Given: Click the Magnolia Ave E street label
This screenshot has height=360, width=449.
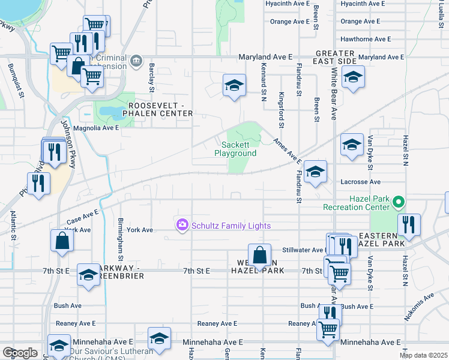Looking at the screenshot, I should (x=96, y=128).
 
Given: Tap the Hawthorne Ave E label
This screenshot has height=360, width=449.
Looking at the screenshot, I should (x=366, y=38).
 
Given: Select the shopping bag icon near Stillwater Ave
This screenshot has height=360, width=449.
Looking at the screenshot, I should (x=259, y=255).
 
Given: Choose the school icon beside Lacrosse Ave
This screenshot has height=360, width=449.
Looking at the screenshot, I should (x=315, y=172).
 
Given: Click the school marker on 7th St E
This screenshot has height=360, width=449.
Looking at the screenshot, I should (x=88, y=274).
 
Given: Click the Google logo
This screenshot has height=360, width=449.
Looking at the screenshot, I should (x=20, y=353).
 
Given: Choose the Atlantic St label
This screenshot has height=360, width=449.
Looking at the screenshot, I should (x=13, y=221).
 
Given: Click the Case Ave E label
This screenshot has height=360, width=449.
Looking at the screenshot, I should (x=82, y=214).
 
